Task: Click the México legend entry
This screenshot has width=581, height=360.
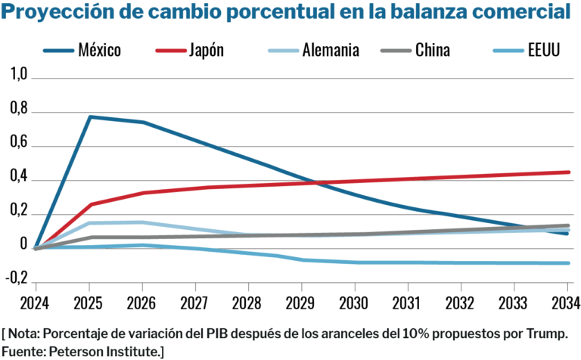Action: pos(99,51)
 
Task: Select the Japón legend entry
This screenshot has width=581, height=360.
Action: pos(204,51)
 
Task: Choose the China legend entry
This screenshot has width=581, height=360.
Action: pos(433,51)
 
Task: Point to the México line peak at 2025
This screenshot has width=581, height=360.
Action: pos(89,116)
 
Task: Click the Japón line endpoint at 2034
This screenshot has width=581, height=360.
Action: pos(568,172)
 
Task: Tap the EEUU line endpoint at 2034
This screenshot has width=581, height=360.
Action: pos(568,263)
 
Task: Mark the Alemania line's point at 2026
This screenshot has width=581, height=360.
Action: pos(143,222)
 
